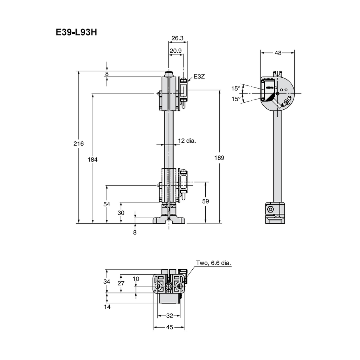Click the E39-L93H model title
coord(76,32)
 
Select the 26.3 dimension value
coord(178,38)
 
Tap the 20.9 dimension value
coord(176,51)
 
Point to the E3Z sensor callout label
coord(199,76)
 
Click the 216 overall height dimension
coord(78,143)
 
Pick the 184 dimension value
coord(92,159)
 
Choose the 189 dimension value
coord(219,158)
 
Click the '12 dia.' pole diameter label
coord(187,141)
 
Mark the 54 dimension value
coord(107,204)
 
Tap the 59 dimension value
coord(205,201)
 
